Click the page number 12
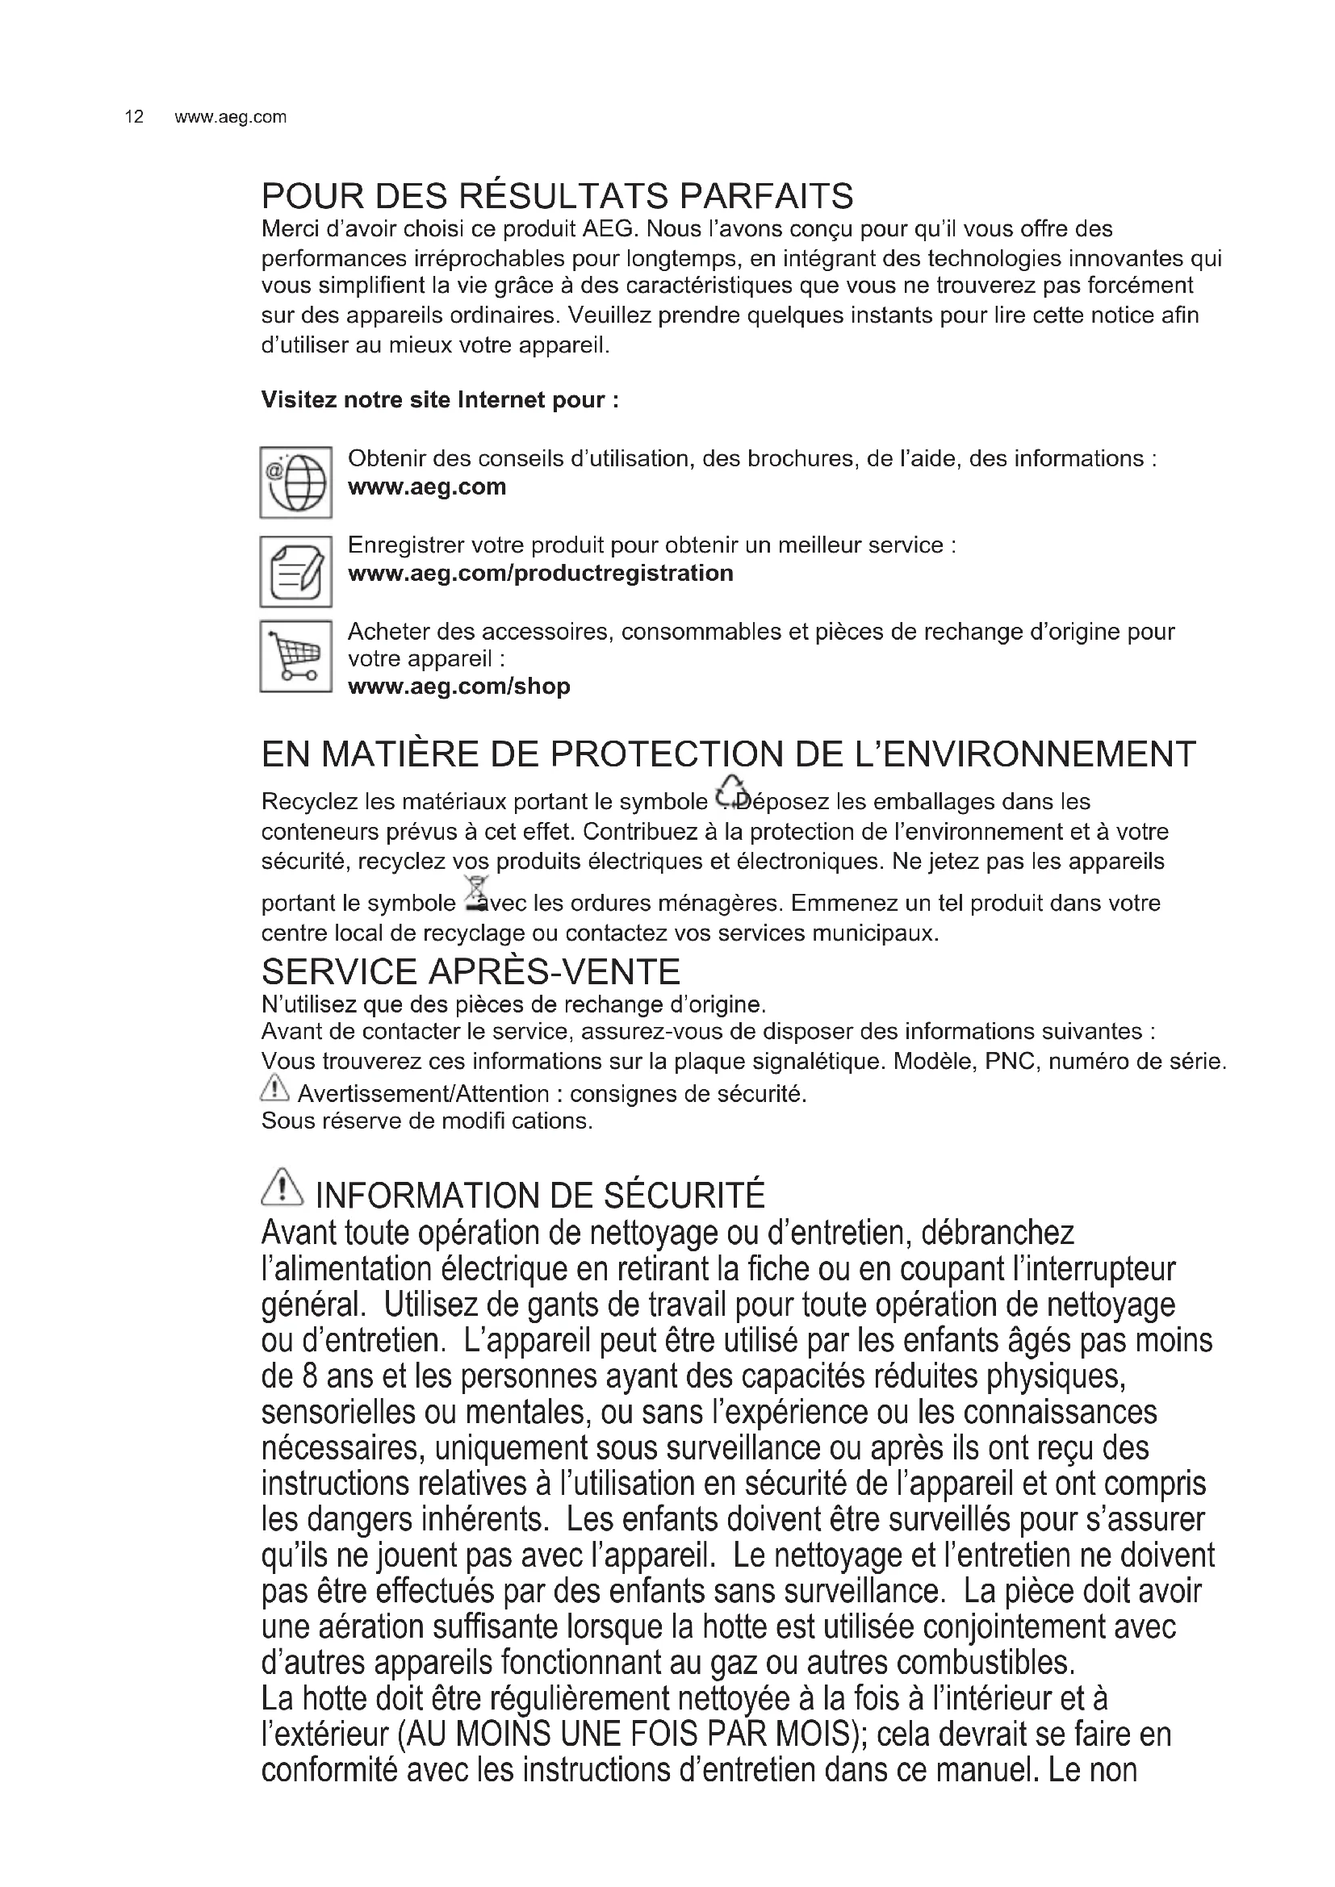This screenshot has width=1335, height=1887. (134, 117)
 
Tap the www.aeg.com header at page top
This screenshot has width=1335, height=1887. (230, 117)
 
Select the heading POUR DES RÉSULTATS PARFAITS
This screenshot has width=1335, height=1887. (558, 195)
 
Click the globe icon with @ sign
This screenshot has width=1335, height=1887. (296, 482)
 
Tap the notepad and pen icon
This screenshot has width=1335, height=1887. (296, 572)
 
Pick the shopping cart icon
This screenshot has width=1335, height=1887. (296, 657)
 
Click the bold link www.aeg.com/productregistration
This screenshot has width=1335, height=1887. (540, 573)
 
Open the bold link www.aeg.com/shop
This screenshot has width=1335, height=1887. (458, 687)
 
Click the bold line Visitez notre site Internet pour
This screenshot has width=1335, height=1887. (440, 399)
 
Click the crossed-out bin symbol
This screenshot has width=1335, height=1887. (475, 894)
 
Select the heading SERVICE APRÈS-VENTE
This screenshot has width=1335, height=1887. (471, 971)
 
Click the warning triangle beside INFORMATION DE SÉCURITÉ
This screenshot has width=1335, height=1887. (282, 1187)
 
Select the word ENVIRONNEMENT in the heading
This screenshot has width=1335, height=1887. (1026, 754)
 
